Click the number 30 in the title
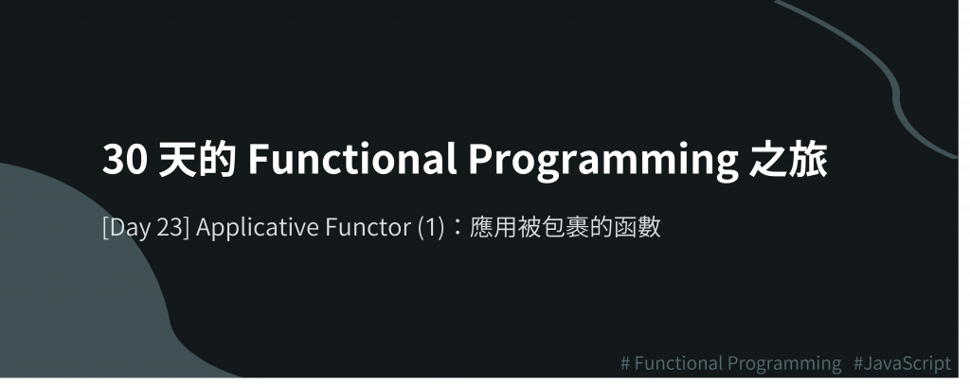[125, 160]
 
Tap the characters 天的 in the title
[197, 160]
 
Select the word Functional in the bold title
[352, 160]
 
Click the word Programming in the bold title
[603, 162]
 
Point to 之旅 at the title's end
[788, 160]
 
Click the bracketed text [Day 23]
[146, 227]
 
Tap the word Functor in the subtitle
[368, 227]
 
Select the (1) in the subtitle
[431, 227]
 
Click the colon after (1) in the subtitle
[458, 228]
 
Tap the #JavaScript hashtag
[902, 363]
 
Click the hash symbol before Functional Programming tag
[625, 363]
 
